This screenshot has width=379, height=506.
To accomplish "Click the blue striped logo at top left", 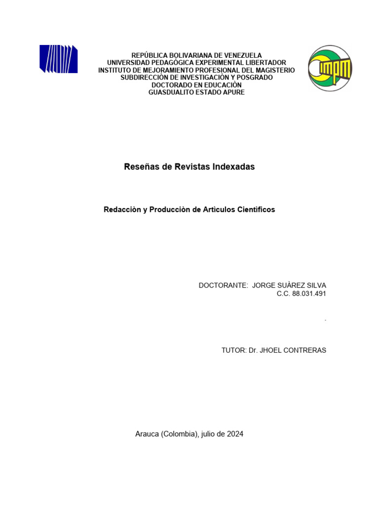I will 58,59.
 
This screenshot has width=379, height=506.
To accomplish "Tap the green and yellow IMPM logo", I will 330,68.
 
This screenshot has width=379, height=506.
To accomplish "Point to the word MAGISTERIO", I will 274,70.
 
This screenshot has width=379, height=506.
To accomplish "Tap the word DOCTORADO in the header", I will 172,85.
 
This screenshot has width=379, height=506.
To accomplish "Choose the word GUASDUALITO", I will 170,92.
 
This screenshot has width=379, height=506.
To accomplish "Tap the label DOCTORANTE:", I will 223,286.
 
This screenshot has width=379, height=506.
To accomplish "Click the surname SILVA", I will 316,286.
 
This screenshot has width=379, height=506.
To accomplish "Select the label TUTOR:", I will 234,350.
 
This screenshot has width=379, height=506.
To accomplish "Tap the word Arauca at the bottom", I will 147,434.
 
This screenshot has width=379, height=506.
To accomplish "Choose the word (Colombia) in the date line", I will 180,434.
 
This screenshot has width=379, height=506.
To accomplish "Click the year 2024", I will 235,434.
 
